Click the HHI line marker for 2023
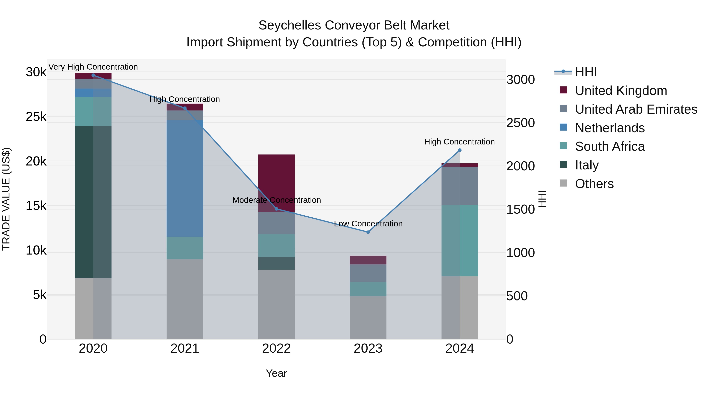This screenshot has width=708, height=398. point(368,232)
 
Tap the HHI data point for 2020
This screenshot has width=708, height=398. point(93,75)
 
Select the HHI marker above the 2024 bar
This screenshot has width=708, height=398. point(460,150)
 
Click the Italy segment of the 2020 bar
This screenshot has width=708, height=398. point(93,202)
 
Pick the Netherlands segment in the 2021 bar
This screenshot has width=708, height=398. point(185,178)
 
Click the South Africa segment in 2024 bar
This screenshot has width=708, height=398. point(460,241)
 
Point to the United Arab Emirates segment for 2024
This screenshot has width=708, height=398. point(460,186)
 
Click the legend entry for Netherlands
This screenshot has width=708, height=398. point(610,128)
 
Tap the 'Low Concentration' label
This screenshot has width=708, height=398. point(368,224)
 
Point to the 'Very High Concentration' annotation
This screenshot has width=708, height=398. point(93,67)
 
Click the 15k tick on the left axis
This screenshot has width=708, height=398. point(36,206)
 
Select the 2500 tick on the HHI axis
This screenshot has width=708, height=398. point(520,123)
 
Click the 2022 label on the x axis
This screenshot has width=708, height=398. point(277,348)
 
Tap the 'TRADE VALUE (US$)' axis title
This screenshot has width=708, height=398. point(6,199)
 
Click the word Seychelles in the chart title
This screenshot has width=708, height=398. point(290,26)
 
